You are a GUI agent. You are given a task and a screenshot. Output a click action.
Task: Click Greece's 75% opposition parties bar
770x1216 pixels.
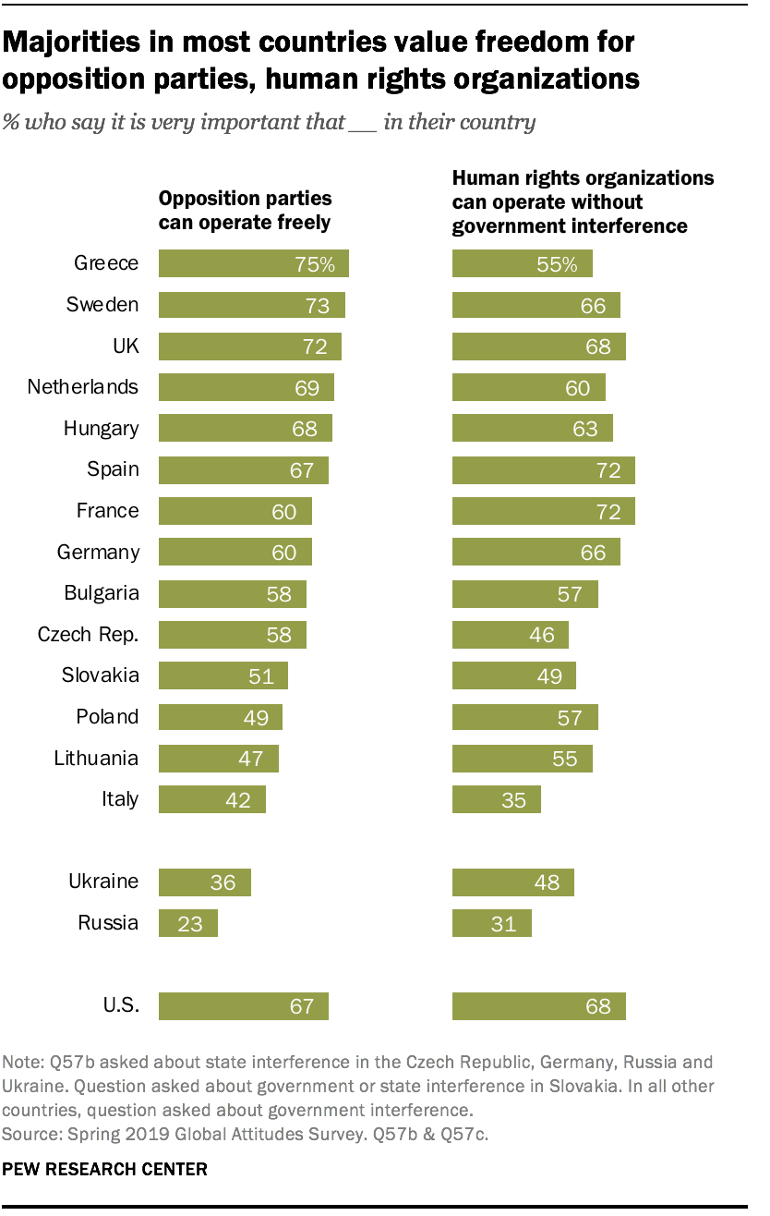point(253,263)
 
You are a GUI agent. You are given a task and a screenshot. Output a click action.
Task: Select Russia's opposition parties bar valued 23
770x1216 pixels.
point(188,923)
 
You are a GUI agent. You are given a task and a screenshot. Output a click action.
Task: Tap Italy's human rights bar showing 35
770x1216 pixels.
point(496,799)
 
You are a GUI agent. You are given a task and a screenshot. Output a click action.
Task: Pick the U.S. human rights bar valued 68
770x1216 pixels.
point(538,1005)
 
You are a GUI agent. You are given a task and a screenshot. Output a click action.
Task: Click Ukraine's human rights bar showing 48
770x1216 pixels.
point(512,882)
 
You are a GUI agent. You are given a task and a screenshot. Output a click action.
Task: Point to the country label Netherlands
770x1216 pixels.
point(83,387)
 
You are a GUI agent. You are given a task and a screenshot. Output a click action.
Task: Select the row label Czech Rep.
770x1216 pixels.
point(88,635)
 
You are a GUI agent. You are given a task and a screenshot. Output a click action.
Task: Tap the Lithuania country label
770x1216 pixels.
point(96,759)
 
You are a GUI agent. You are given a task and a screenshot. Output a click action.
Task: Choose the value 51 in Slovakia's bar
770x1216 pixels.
point(261,675)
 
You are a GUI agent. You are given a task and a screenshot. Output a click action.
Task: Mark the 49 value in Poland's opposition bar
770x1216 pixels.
point(256,717)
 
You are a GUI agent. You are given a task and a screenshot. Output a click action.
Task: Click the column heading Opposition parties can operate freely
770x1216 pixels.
point(245,211)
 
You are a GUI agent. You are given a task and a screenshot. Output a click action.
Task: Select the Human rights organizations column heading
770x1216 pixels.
point(582,201)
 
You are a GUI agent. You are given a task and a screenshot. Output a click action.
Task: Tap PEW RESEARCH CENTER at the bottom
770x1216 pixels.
point(105,1169)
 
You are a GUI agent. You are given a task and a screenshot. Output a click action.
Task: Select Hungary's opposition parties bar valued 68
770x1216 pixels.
point(245,429)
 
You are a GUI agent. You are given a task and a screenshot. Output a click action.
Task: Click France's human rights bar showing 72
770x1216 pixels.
point(543,511)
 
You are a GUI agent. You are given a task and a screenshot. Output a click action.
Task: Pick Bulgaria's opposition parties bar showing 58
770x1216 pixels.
point(232,593)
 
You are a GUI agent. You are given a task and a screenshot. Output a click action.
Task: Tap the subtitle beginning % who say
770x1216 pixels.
point(270,122)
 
